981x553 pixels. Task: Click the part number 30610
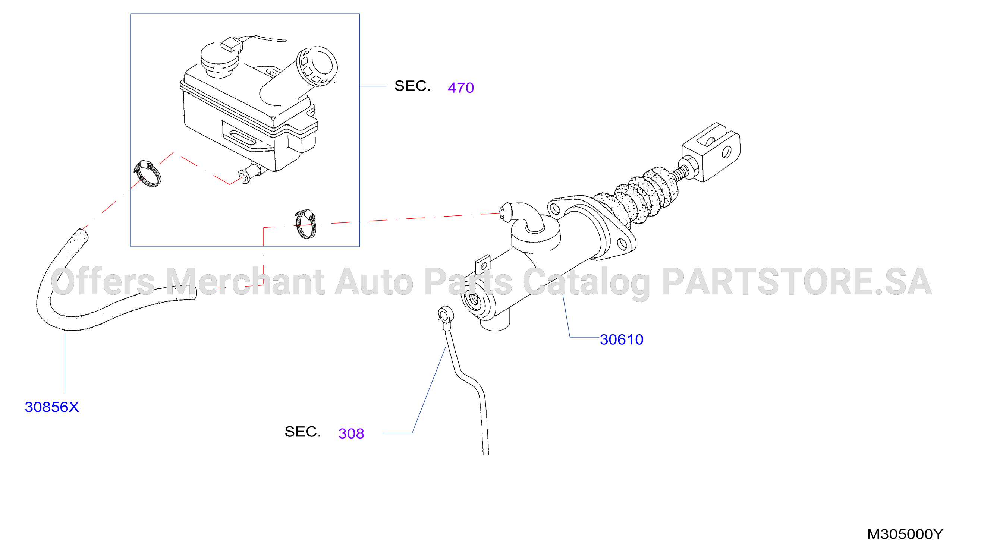[x=621, y=339]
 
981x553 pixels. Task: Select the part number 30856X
[x=52, y=407]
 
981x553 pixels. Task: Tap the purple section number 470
[x=461, y=88]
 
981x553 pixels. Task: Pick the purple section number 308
[x=351, y=433]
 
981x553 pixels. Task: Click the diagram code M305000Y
[x=905, y=534]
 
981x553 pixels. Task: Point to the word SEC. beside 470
[x=412, y=86]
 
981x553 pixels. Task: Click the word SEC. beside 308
[x=303, y=432]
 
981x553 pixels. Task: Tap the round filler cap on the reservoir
[x=317, y=66]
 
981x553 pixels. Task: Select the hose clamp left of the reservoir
[x=147, y=174]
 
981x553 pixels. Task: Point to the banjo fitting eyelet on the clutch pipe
[x=446, y=315]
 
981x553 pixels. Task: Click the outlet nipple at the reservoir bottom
[x=250, y=173]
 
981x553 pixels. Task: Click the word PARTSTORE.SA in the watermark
[x=797, y=282]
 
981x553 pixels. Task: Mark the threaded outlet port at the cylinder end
[x=473, y=300]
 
